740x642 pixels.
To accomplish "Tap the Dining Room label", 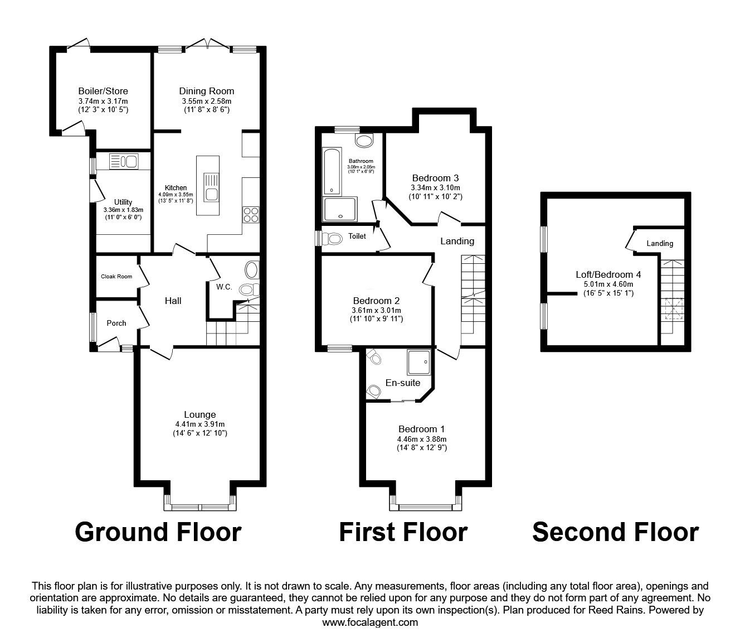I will [206, 91].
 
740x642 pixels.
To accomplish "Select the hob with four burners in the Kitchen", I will [250, 215].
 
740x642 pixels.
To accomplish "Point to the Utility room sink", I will [132, 162].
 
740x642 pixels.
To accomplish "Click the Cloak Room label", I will [116, 277].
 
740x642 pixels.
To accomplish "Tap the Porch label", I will [116, 323].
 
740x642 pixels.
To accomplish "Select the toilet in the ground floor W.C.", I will [247, 289].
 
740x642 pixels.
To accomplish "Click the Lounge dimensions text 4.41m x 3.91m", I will [200, 424].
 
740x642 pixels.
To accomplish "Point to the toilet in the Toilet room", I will [333, 239].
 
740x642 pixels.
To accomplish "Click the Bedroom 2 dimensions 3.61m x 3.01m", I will [376, 310].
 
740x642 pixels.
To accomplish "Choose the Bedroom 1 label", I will [421, 429].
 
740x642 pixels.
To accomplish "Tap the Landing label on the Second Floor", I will [660, 243].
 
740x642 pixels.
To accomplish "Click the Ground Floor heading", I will [158, 532].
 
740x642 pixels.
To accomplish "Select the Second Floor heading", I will [615, 532].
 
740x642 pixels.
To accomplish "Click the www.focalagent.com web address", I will [370, 622].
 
